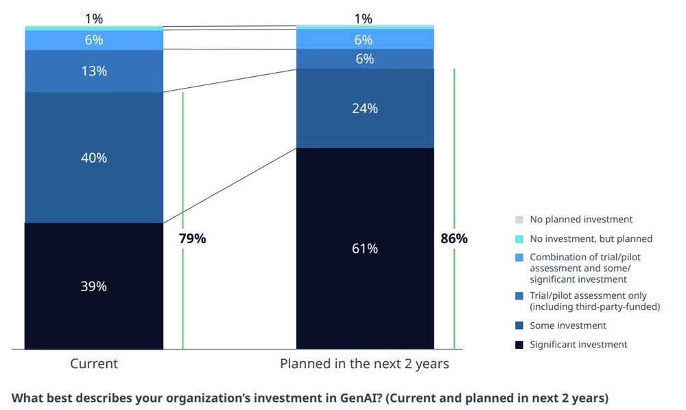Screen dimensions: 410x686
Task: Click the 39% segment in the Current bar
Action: tap(94, 286)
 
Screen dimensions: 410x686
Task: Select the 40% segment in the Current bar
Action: tap(94, 157)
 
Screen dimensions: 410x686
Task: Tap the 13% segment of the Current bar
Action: tap(94, 71)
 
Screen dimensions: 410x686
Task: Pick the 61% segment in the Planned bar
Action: tap(364, 249)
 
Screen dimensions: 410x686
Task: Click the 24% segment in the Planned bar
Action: tap(364, 108)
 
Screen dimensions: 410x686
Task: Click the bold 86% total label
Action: tap(453, 239)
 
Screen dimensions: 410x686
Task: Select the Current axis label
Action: tap(94, 364)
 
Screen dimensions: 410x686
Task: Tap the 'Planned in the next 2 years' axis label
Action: tap(364, 364)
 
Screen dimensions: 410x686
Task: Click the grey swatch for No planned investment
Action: tap(519, 220)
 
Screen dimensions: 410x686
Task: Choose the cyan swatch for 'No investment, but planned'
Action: tap(519, 239)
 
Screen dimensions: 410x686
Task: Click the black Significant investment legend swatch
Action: tap(519, 345)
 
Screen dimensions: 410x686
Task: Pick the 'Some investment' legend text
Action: tap(567, 326)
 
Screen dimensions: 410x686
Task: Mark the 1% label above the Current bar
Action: tap(94, 19)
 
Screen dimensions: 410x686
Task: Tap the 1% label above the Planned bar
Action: tap(364, 19)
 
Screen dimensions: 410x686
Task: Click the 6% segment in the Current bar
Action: tap(94, 41)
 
